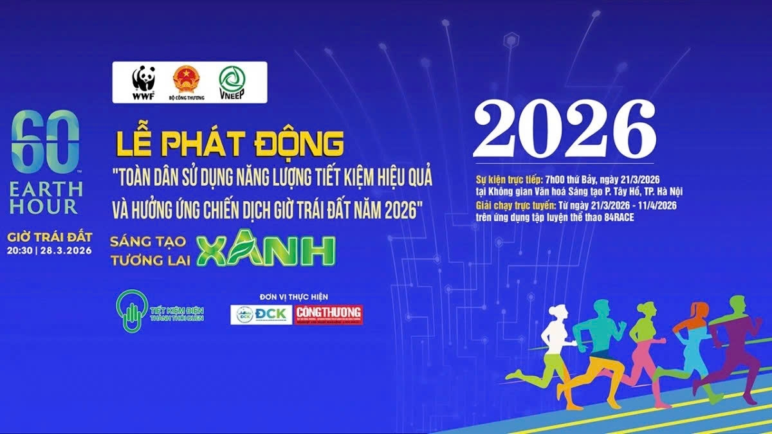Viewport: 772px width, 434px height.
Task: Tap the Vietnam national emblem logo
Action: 186,80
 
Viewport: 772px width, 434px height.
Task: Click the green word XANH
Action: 266,251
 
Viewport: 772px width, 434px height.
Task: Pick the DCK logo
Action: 261,314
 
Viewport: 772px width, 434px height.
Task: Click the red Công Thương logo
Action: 329,314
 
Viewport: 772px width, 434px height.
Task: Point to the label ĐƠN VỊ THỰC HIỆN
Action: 294,296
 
